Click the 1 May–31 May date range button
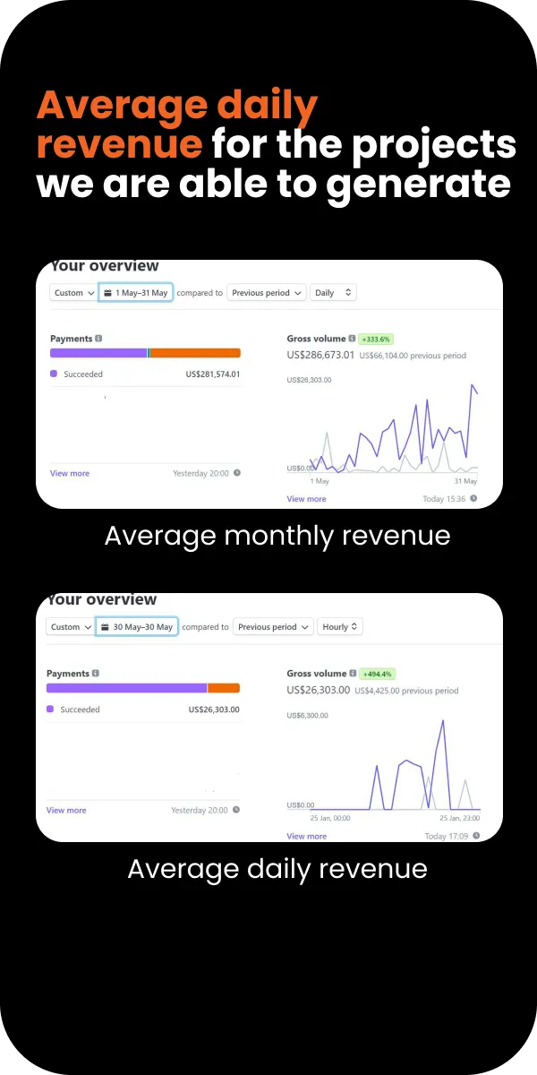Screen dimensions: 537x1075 pyautogui.click(x=136, y=292)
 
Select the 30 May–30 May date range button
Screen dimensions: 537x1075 pyautogui.click(x=137, y=627)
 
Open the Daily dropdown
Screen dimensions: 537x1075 pyautogui.click(x=333, y=292)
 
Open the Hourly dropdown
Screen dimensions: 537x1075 pyautogui.click(x=340, y=627)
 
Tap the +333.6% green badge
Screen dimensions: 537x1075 pyautogui.click(x=376, y=339)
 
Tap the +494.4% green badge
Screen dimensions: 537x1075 pyautogui.click(x=377, y=674)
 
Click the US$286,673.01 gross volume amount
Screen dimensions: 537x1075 pyautogui.click(x=320, y=355)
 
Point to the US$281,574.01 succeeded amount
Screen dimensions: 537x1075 pyautogui.click(x=213, y=374)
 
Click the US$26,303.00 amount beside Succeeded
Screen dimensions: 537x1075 pyautogui.click(x=214, y=709)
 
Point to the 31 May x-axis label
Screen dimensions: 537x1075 pyautogui.click(x=465, y=481)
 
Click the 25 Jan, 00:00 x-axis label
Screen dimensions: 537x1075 pyautogui.click(x=330, y=818)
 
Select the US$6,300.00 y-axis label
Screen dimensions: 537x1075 pyautogui.click(x=307, y=715)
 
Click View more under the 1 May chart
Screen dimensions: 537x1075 pyautogui.click(x=306, y=499)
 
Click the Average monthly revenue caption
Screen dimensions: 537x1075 pyautogui.click(x=277, y=536)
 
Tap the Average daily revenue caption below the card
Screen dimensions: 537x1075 pyautogui.click(x=277, y=869)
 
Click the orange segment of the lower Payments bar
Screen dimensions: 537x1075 pyautogui.click(x=224, y=688)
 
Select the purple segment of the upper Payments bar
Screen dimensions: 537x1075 pyautogui.click(x=98, y=353)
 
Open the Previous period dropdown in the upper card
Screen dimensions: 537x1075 pyautogui.click(x=267, y=292)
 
